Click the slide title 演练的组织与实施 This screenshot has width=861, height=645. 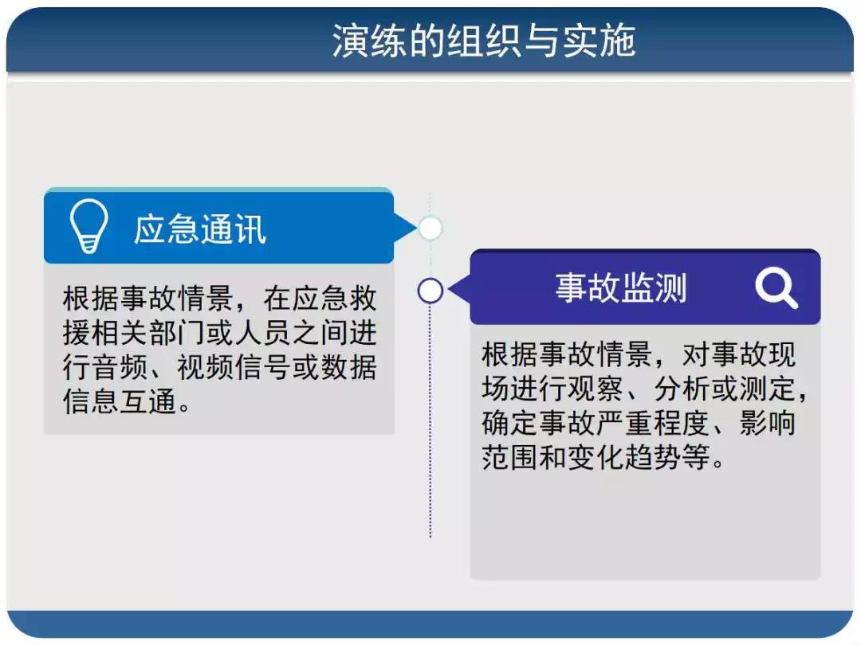click(x=484, y=41)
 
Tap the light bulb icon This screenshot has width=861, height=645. click(x=88, y=225)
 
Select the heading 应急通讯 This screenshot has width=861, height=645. click(x=200, y=229)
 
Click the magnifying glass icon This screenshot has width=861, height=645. click(x=776, y=288)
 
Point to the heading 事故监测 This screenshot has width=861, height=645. click(x=621, y=287)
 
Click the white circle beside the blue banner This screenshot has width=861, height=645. click(x=430, y=229)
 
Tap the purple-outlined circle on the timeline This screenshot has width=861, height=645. click(x=430, y=291)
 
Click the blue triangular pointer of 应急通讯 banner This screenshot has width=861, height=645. click(x=405, y=227)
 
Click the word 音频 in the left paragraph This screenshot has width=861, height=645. click(x=120, y=367)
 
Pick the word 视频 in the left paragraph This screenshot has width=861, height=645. click(x=206, y=367)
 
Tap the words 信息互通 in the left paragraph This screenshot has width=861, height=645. click(x=120, y=401)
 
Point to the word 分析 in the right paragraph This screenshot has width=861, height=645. click(x=682, y=389)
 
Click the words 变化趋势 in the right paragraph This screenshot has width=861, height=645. click(x=625, y=457)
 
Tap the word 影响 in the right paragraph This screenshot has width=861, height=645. click(x=768, y=423)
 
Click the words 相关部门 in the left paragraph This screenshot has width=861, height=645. click(x=148, y=333)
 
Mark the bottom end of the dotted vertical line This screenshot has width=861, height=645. click(x=430, y=537)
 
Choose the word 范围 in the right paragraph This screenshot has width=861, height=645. click(x=511, y=457)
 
